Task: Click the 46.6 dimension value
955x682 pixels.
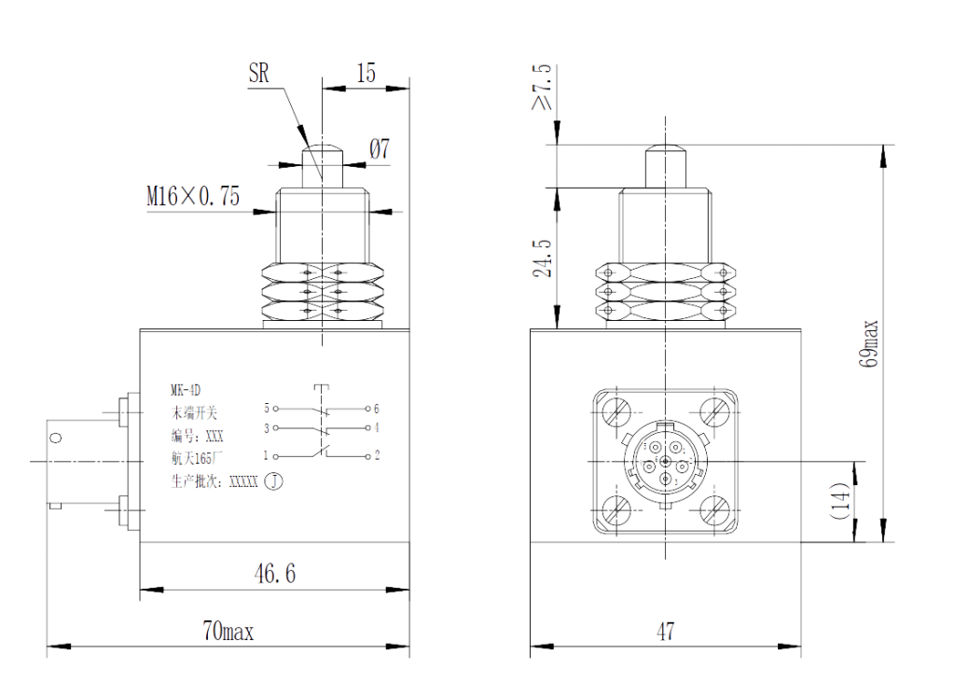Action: click(274, 574)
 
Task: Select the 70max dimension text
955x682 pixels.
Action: click(227, 633)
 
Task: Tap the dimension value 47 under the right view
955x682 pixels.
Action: click(665, 633)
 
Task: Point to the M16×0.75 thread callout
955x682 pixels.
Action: click(192, 197)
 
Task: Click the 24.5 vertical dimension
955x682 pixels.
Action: click(542, 257)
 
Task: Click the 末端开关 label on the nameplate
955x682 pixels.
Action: click(195, 411)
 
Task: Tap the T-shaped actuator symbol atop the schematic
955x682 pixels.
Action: click(322, 386)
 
